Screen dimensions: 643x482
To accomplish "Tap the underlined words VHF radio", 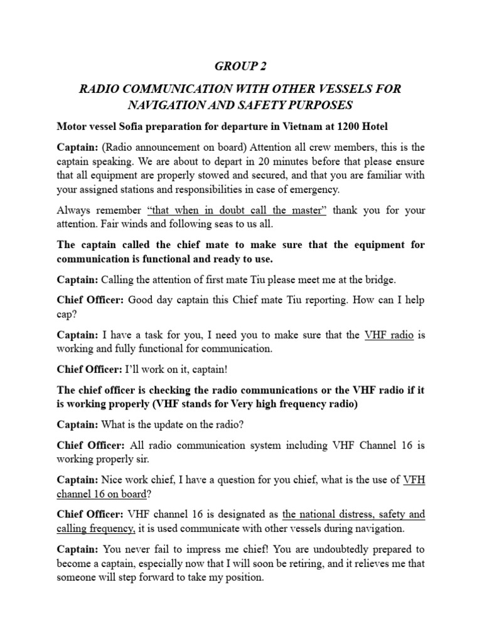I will coord(388,335).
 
